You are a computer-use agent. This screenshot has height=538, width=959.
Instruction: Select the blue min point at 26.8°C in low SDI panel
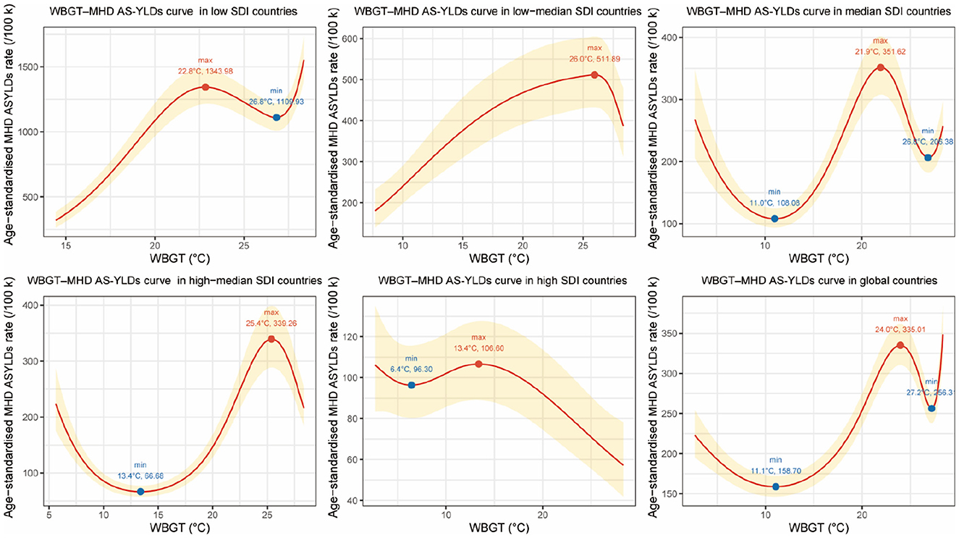coord(276,117)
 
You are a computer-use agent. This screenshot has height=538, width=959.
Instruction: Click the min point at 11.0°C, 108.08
coord(774,219)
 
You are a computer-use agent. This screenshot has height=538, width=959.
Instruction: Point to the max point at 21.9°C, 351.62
coord(881,67)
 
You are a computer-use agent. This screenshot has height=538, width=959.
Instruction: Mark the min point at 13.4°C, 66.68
coord(140,492)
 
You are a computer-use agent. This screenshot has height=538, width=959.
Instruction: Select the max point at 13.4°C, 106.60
coord(478,363)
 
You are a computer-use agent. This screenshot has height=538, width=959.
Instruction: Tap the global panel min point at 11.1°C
coord(776,487)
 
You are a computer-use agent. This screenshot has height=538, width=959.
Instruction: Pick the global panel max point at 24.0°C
coord(900,345)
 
